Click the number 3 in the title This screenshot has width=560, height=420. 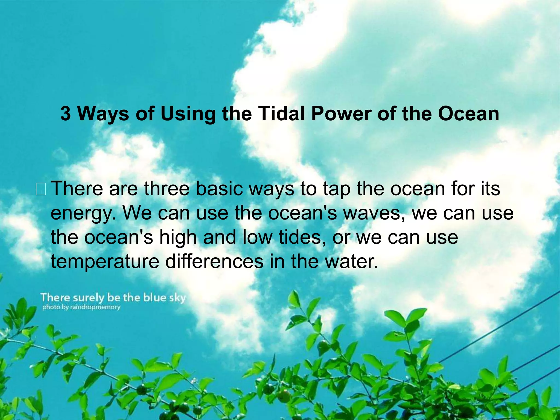point(65,113)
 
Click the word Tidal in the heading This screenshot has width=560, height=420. point(281,113)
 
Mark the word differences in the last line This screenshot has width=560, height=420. point(214,261)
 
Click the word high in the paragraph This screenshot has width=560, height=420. point(178,237)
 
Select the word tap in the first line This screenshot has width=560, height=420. point(337,189)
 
